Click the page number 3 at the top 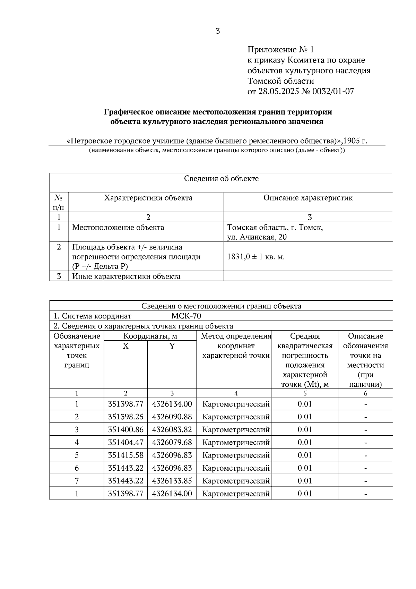click(218, 31)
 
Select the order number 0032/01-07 click(333, 92)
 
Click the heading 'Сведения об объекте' click(221, 179)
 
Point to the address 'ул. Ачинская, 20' click(257, 237)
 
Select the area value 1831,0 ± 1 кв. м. click(256, 257)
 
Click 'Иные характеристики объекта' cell click(126, 276)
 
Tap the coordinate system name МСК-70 click(186, 316)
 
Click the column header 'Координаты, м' click(150, 336)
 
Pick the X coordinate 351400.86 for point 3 click(125, 429)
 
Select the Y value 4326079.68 click(172, 442)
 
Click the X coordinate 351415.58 click(125, 455)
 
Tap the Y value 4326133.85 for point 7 click(172, 481)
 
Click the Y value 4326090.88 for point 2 click(172, 417)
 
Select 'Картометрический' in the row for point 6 click(236, 468)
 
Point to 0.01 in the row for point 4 click(305, 442)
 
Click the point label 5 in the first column click(77, 455)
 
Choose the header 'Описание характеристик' click(308, 198)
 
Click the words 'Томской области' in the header click(280, 81)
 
